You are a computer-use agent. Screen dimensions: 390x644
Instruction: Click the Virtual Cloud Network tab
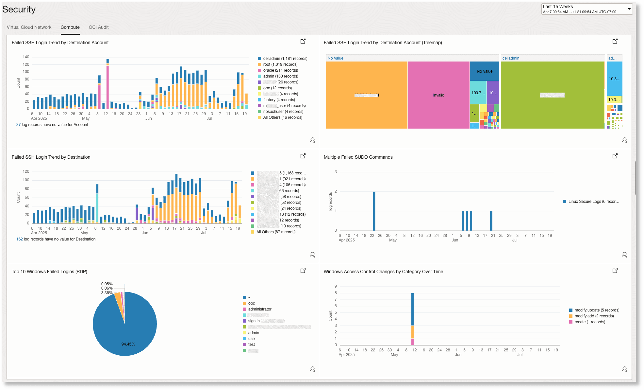coord(29,27)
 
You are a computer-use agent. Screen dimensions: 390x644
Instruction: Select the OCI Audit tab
coord(98,27)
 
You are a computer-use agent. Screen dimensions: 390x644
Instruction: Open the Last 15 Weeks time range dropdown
coord(586,9)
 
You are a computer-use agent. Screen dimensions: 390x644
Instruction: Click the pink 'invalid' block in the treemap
coord(438,95)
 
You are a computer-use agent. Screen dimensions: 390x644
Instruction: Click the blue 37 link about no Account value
coord(18,125)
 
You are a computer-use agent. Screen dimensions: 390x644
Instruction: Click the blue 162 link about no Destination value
coord(19,239)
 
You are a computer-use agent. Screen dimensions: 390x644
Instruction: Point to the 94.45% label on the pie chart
coord(128,344)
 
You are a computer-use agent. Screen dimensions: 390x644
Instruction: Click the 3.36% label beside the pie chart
coord(107,293)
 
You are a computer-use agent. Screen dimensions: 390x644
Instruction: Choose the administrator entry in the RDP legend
coord(259,309)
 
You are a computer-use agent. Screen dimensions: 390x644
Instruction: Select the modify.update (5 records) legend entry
coord(597,310)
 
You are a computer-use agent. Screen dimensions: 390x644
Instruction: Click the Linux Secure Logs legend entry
coord(593,202)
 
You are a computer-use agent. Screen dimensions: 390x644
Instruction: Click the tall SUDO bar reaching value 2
coord(374,211)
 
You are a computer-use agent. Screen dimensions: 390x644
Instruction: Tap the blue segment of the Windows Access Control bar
coord(412,309)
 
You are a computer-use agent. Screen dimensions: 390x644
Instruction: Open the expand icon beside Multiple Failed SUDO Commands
coord(615,156)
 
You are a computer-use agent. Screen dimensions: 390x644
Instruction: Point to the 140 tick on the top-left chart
coord(26,57)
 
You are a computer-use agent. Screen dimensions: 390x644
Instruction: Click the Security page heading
coord(19,9)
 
